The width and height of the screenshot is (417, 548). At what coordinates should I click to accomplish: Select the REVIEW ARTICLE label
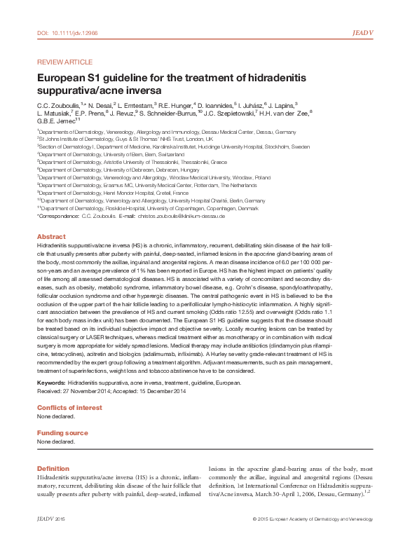[62, 62]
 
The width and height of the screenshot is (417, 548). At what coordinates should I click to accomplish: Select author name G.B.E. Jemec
[55, 121]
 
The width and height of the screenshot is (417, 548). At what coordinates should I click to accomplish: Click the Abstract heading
[51, 237]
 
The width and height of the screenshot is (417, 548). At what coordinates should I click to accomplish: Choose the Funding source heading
[62, 433]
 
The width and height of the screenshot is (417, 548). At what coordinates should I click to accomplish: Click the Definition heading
[53, 468]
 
